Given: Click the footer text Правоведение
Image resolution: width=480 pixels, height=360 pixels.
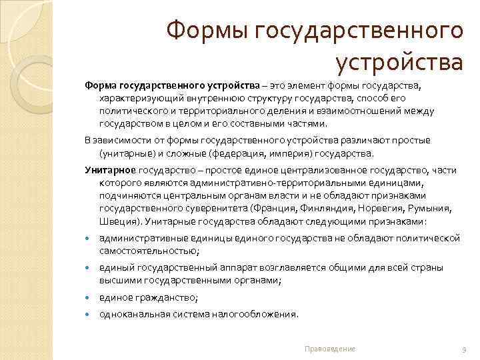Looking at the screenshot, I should click(x=329, y=349).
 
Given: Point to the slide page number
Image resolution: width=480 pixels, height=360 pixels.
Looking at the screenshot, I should click(x=463, y=349).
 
